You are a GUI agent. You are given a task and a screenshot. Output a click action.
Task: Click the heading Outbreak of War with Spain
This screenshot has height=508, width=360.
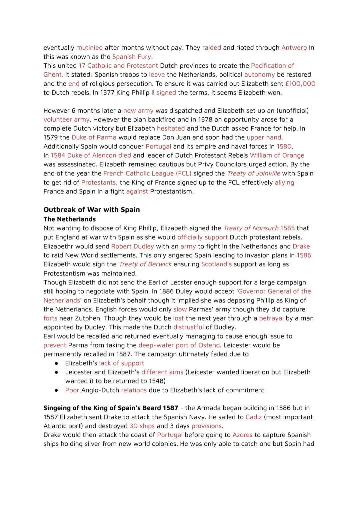tap(91, 210)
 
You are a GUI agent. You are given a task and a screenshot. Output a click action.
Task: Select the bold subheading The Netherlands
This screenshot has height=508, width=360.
tap(69, 219)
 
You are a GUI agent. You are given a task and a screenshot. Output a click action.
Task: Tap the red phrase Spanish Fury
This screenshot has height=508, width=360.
tap(132, 57)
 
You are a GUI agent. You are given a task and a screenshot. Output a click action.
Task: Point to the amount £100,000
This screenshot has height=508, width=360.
tap(300, 84)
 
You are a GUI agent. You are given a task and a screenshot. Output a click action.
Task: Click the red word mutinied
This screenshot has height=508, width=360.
tap(89, 48)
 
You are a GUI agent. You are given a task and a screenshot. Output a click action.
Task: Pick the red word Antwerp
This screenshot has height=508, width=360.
tap(294, 48)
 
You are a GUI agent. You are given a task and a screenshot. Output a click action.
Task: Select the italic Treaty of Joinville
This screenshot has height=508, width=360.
tap(253, 174)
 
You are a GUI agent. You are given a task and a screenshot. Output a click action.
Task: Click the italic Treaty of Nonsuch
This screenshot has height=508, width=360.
tap(251, 228)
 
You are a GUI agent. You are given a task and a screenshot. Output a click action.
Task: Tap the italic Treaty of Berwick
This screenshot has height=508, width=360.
tap(145, 264)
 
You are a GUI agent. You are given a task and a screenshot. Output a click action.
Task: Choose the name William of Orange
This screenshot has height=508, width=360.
tap(277, 156)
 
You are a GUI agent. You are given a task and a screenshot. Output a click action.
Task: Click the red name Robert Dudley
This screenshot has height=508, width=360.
tap(132, 246)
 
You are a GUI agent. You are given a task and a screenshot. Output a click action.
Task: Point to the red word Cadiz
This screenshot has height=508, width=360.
tap(253, 417)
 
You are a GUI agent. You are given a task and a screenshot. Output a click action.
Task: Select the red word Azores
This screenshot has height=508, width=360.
tap(242, 435)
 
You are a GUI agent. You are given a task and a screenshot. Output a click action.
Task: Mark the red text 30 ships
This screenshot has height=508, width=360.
tap(142, 426)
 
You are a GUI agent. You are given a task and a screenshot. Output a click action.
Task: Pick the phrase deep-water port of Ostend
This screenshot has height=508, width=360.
tap(179, 345)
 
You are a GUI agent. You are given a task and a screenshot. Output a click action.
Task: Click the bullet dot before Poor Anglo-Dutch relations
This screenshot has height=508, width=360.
tap(57, 390)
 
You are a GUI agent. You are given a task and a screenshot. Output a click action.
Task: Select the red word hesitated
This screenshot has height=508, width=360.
tap(171, 129)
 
